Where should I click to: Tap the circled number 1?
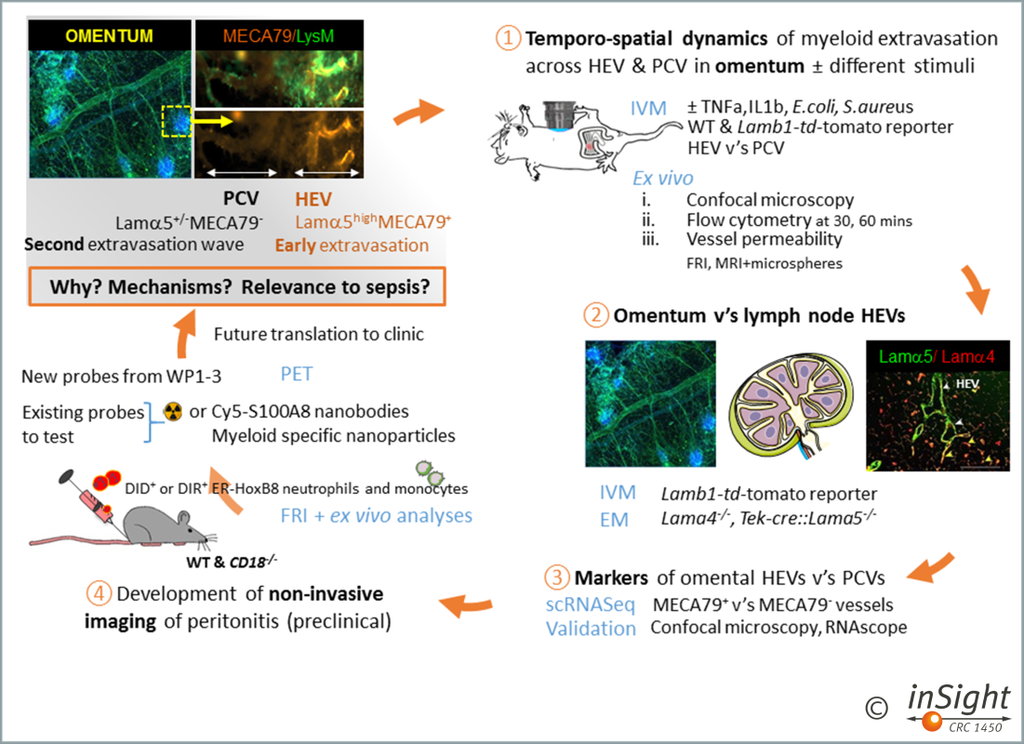click(x=508, y=40)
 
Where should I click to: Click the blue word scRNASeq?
click(x=591, y=605)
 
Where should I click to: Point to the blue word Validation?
click(x=591, y=628)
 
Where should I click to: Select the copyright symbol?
click(x=875, y=708)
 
